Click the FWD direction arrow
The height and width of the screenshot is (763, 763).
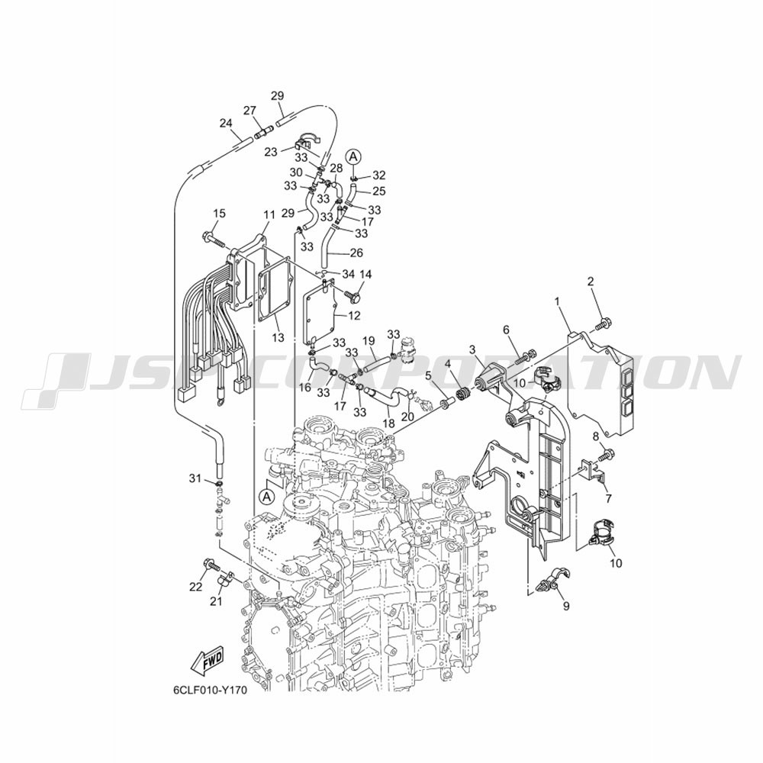click(208, 662)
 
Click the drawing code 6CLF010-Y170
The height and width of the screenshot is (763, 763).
click(206, 704)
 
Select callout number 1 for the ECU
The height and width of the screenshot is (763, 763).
click(558, 301)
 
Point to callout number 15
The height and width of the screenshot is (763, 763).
click(220, 213)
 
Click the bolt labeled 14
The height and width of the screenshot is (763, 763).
click(350, 294)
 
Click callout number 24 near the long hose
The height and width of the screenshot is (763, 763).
click(226, 123)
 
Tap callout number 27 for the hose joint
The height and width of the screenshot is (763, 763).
click(250, 111)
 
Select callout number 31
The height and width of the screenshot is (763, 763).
click(195, 479)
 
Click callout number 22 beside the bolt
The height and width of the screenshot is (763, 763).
click(195, 588)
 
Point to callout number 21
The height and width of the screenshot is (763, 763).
click(216, 601)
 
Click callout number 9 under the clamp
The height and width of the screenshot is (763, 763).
click(566, 606)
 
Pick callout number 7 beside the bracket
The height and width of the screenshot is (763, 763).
click(608, 497)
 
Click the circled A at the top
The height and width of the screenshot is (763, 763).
click(354, 156)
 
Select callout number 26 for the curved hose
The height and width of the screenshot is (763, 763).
click(356, 253)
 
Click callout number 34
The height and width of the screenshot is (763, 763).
click(349, 275)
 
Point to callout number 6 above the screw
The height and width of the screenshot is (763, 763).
click(507, 330)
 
